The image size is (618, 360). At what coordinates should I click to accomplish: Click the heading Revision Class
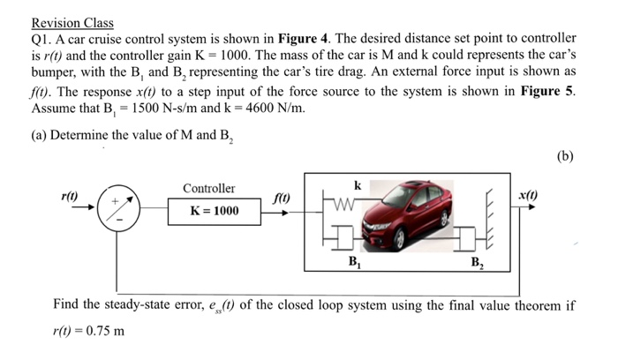(72, 23)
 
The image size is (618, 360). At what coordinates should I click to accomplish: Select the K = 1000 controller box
(214, 211)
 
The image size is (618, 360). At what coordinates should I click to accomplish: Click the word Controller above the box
(209, 189)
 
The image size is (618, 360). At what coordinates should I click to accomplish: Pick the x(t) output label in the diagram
(530, 194)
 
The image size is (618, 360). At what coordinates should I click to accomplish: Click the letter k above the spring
(357, 186)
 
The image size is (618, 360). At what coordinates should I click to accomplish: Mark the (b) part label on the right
(566, 157)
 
